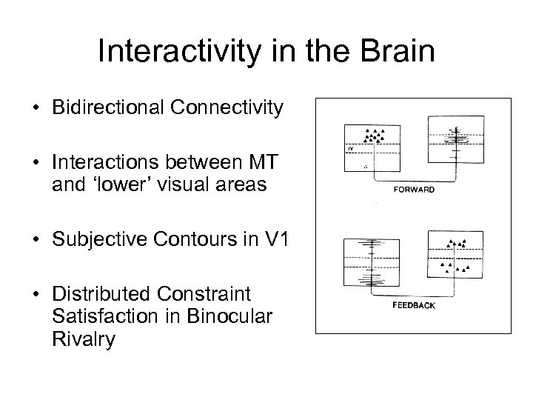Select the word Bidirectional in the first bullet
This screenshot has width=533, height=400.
tap(102, 109)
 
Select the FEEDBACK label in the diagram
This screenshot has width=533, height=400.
tap(414, 304)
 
